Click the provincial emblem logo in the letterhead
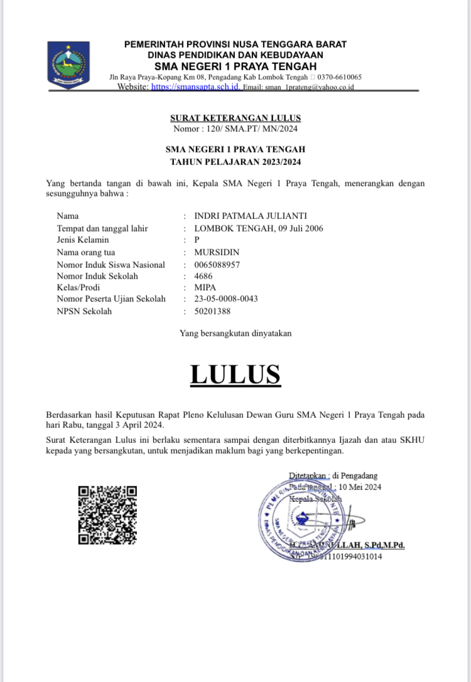68,65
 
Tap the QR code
107,515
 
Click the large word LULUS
235,374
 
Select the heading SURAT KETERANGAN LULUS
235,118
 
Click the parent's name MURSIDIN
217,252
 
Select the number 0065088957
217,264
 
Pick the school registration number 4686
204,276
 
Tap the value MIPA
205,288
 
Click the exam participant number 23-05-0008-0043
226,299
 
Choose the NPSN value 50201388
213,311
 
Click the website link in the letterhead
195,87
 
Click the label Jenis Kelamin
83,240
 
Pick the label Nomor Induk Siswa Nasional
111,264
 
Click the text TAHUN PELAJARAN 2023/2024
235,162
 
